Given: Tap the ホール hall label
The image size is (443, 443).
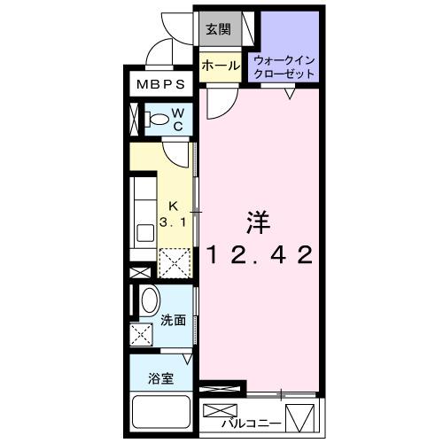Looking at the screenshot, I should pos(218,66).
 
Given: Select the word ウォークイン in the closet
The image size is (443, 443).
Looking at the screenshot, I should pos(284,60).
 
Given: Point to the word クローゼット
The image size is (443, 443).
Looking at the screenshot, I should pos(284,74).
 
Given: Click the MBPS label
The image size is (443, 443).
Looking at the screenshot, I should pos(160,86).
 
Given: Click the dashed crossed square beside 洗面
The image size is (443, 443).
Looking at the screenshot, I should pos(140,335).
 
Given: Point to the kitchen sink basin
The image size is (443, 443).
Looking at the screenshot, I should pos(143,235).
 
